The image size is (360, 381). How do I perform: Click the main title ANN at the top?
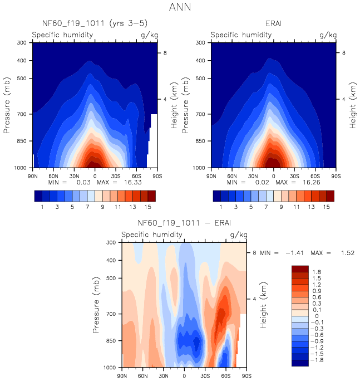(x=180, y=8)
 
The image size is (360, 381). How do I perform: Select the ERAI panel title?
(x=274, y=23)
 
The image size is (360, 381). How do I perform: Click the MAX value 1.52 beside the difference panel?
(x=348, y=253)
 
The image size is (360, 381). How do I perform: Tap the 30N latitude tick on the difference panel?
(x=164, y=376)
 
